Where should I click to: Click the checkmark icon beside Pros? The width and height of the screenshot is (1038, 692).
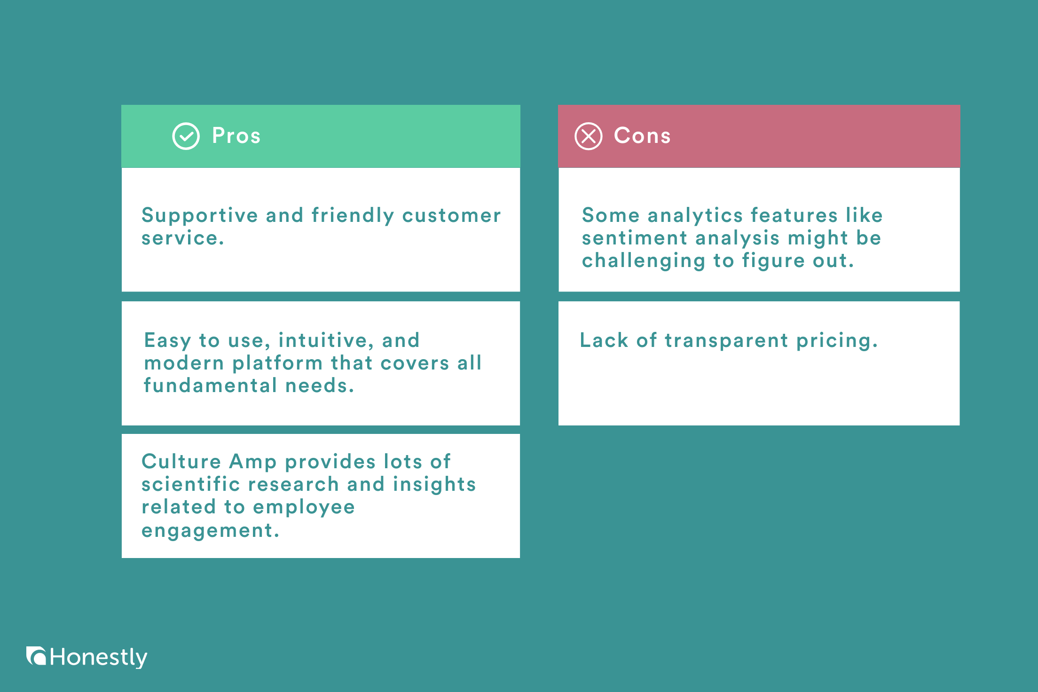click(186, 136)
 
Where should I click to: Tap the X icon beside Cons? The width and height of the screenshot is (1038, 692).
click(588, 136)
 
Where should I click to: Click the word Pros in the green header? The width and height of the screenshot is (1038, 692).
click(236, 136)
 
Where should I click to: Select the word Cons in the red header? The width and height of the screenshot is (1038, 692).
click(642, 136)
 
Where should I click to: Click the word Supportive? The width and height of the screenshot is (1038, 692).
click(200, 216)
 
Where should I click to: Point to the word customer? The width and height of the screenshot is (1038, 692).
click(451, 215)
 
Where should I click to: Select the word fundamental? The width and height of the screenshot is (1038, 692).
click(210, 385)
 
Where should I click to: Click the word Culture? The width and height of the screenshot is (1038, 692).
click(181, 462)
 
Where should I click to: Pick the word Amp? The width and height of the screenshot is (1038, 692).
click(253, 462)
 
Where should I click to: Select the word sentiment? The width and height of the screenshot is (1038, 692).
click(634, 238)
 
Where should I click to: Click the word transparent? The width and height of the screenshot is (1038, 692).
click(726, 340)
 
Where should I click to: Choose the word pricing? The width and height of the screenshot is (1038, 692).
click(837, 341)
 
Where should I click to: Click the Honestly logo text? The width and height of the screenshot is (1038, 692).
click(98, 657)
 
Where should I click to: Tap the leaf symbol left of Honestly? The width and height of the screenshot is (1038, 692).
click(36, 656)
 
